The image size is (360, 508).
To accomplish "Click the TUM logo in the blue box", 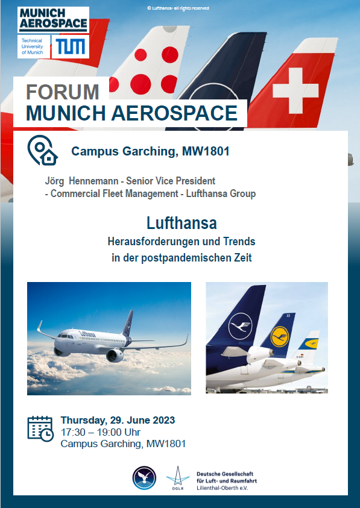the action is [x=71, y=46].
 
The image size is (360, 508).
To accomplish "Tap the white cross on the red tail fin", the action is [x=295, y=90].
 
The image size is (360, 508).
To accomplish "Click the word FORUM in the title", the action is [x=62, y=92].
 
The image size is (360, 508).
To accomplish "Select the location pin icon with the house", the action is [x=42, y=150].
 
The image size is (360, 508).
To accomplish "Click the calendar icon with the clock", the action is [x=40, y=428].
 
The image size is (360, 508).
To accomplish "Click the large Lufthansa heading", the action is [x=182, y=223].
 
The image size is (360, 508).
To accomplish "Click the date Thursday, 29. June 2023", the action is [x=118, y=420].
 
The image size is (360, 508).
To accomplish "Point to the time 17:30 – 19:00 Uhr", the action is [x=101, y=432].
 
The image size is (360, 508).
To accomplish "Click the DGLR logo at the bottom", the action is [x=178, y=478].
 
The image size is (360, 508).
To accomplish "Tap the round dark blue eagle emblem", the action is [x=144, y=478].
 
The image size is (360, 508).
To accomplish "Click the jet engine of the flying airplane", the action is [x=115, y=356].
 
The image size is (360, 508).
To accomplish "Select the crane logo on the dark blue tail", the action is [x=240, y=325].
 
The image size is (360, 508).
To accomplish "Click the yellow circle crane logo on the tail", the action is [x=280, y=337].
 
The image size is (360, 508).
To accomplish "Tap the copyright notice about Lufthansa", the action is [x=178, y=8].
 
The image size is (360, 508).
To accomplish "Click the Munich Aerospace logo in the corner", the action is [x=54, y=20].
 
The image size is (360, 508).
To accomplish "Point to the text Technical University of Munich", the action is [x=33, y=46].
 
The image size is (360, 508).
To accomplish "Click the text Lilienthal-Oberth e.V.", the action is [x=222, y=488].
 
